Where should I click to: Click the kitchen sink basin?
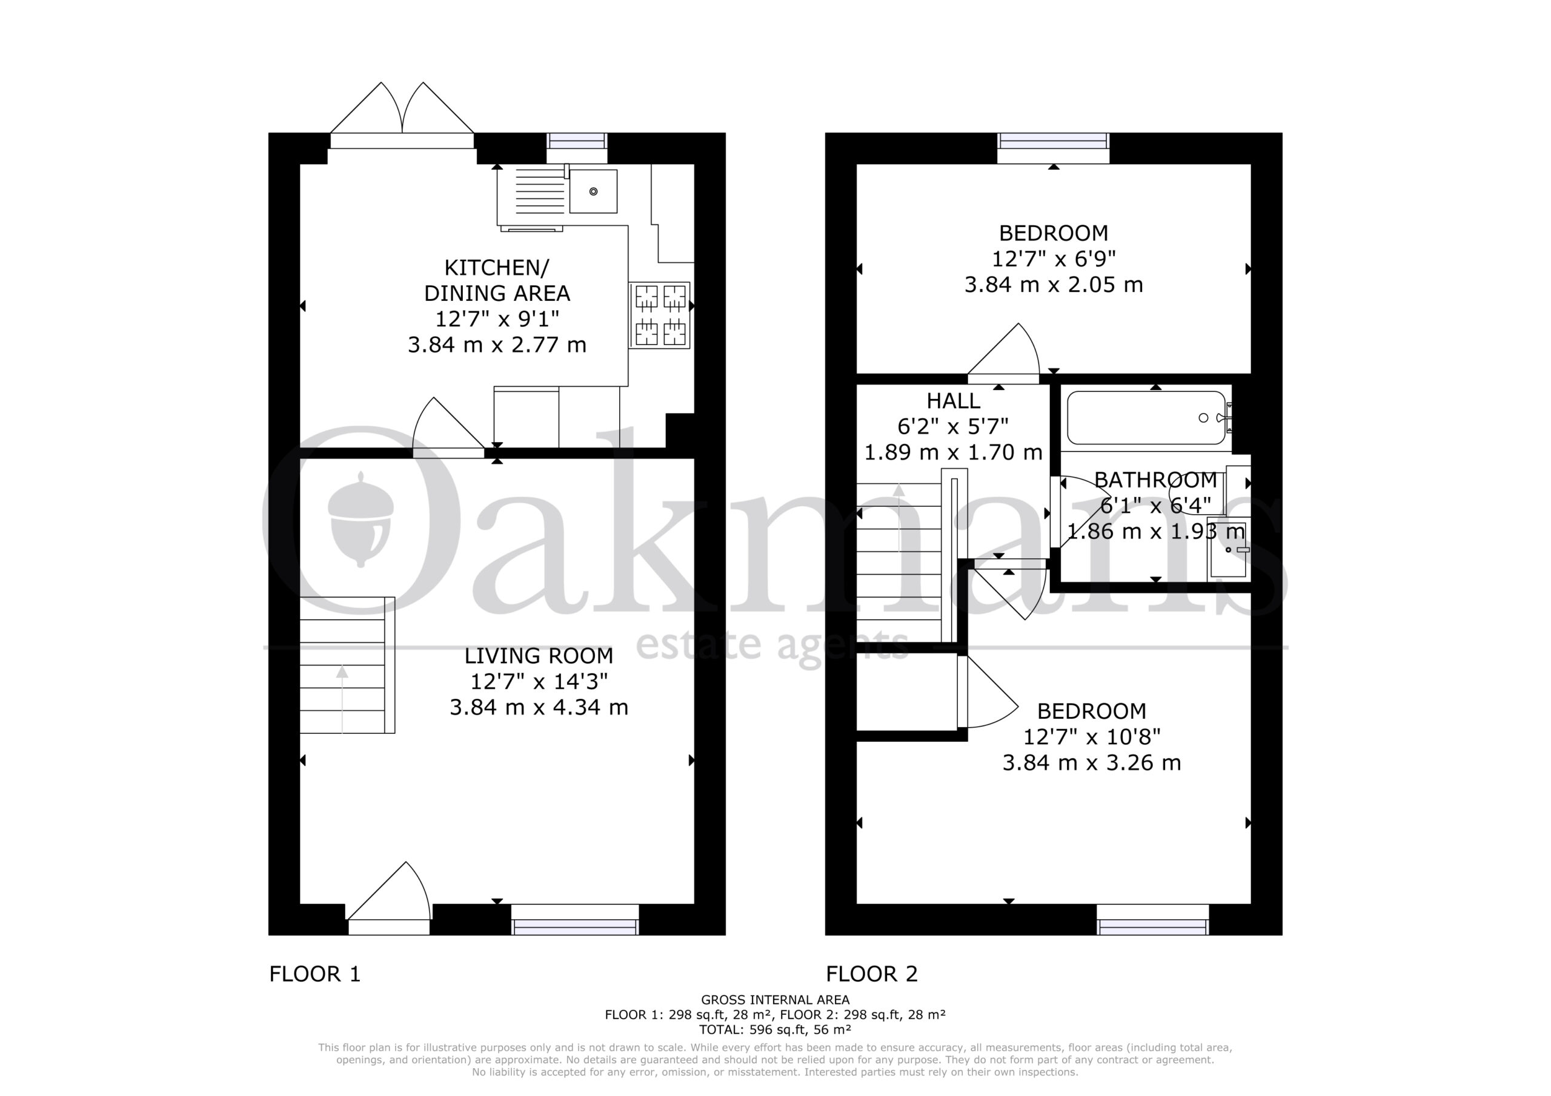click(593, 191)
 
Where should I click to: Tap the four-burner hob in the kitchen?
click(659, 315)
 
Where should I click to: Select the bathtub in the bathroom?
click(1146, 417)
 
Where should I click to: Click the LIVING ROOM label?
click(539, 656)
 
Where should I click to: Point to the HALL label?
click(953, 401)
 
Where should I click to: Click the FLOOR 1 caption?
click(315, 974)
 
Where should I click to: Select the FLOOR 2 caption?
click(871, 974)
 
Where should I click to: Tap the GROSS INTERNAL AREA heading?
click(775, 1000)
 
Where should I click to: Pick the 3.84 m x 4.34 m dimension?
click(539, 707)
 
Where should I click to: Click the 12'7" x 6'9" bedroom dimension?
click(1053, 259)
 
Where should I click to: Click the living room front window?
click(575, 920)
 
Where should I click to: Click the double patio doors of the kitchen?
click(402, 115)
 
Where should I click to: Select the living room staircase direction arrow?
click(342, 699)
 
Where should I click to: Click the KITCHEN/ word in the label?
click(497, 268)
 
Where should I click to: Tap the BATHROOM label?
click(1155, 480)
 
